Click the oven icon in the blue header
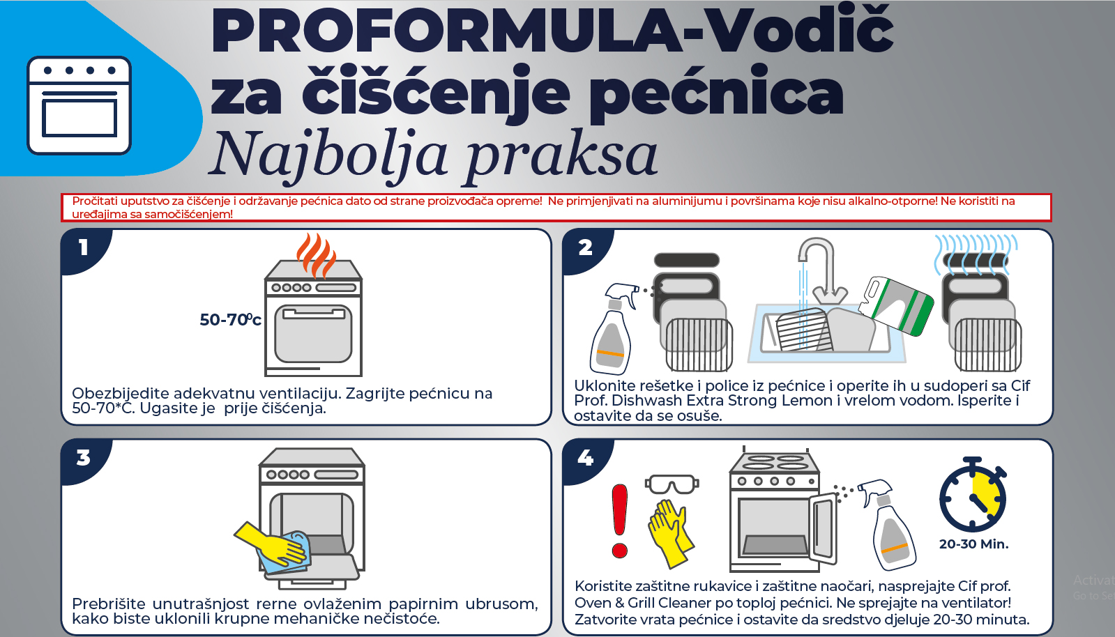[79, 105]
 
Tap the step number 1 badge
[84, 248]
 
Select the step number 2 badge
[585, 248]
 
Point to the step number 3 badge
[84, 458]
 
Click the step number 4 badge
[585, 458]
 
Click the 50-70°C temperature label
[231, 319]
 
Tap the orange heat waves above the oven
[316, 255]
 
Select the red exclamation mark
[620, 521]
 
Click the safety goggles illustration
[672, 484]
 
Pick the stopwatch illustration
[973, 494]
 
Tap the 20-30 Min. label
[973, 544]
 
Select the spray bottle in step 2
[612, 328]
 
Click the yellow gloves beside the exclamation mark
[670, 533]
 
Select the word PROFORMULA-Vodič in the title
[552, 31]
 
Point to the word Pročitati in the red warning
[95, 201]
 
